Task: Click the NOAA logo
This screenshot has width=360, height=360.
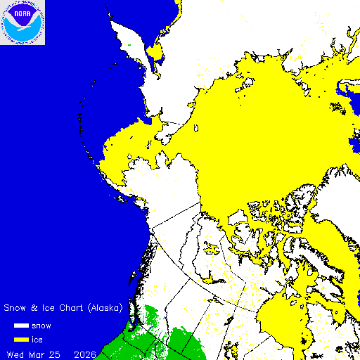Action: [22, 22]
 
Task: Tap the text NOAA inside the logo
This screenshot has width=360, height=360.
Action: [22, 15]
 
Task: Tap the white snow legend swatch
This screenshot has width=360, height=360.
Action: [22, 326]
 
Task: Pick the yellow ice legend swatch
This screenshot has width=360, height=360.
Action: [22, 340]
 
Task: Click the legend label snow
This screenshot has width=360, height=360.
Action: [51, 326]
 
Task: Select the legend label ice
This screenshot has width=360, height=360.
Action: [47, 340]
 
